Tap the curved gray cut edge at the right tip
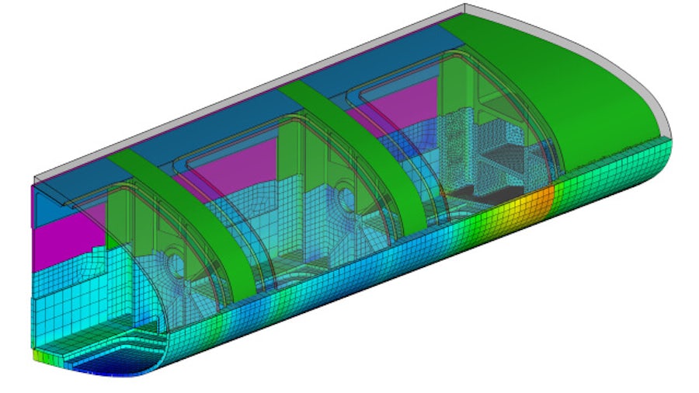(661, 117)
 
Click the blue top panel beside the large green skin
(373, 58)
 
